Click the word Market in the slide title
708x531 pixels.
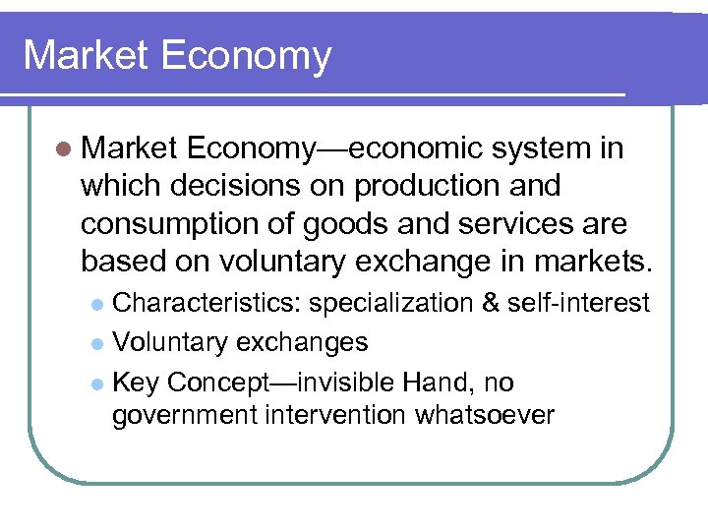coord(83,55)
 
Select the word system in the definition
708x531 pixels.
coord(540,148)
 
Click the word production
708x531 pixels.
coord(442,186)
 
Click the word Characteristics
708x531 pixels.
coord(207,304)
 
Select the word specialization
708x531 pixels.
coord(392,304)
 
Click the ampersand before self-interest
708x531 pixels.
coord(491,303)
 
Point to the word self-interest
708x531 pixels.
coord(578,303)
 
